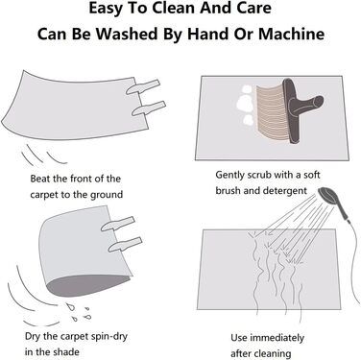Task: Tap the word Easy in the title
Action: (x=106, y=9)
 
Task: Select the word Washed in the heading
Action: (x=128, y=34)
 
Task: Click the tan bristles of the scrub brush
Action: (x=271, y=112)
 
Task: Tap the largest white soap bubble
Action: (x=244, y=103)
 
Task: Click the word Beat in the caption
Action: (x=40, y=179)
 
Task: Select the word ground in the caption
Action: (x=106, y=195)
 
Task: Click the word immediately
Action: (x=277, y=338)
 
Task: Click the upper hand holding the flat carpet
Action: (x=143, y=86)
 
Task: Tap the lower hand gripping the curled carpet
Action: (x=126, y=244)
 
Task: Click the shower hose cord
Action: (x=352, y=256)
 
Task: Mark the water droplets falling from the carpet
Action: (x=79, y=311)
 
